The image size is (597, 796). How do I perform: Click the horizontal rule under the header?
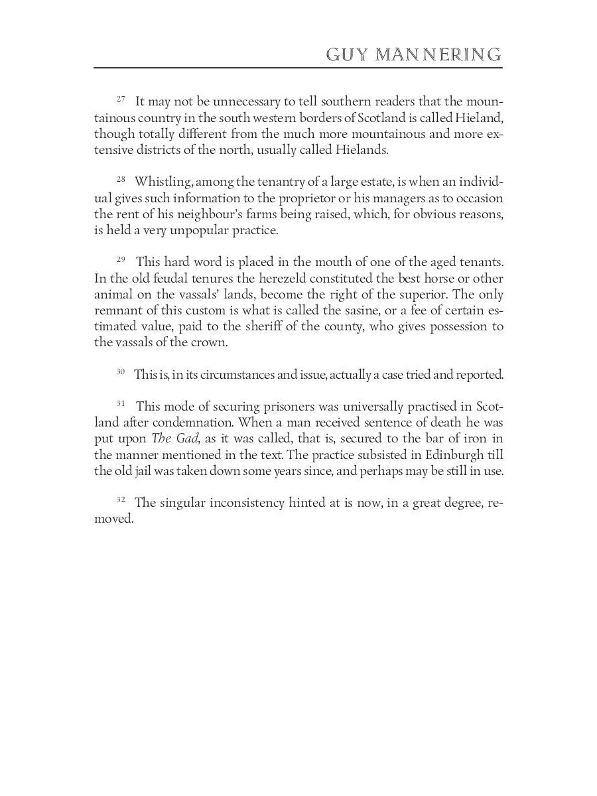tap(298, 68)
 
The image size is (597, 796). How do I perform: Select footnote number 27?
tap(121, 99)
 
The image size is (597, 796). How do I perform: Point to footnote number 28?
tap(121, 179)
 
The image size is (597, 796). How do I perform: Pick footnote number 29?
tap(121, 259)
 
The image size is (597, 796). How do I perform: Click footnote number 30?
tap(121, 371)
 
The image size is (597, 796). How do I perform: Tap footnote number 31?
tap(121, 403)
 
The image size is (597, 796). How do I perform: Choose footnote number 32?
tap(121, 499)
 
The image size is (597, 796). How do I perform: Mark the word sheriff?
tap(271, 326)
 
